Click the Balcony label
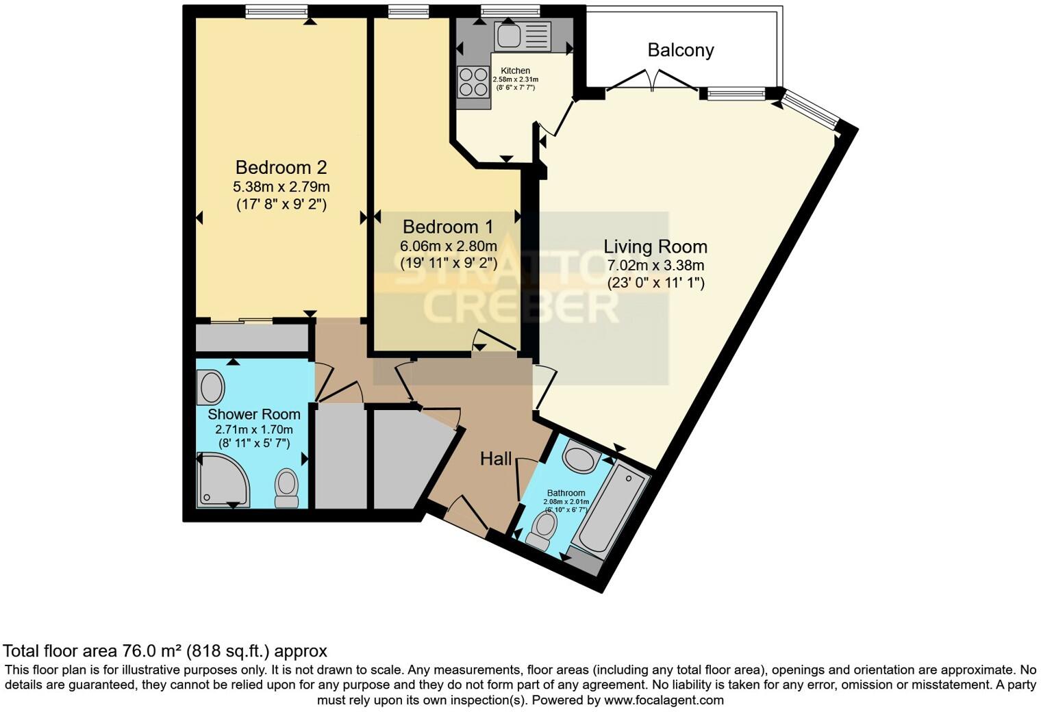(x=680, y=50)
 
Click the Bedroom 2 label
(x=281, y=167)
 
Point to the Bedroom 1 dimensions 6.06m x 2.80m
(x=449, y=246)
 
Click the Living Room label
(x=655, y=246)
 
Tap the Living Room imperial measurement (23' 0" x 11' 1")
(x=655, y=283)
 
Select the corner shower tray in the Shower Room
(x=221, y=482)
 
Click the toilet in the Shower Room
(x=286, y=489)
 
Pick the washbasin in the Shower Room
(x=211, y=387)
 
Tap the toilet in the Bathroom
(x=543, y=531)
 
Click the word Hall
(x=495, y=459)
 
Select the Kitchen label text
(x=515, y=71)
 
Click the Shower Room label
(x=253, y=414)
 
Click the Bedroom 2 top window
(x=276, y=11)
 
